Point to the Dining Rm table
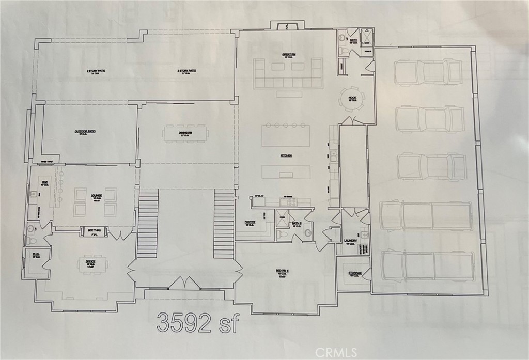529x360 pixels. point(185,134)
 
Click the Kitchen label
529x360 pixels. point(286,155)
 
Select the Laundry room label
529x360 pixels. point(351,241)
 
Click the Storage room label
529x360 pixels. point(355,273)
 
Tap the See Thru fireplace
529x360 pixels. point(94,232)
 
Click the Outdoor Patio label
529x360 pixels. point(85,132)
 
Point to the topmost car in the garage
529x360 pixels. point(428,72)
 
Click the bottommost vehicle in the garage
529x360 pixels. point(427,265)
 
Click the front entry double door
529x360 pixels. point(184,284)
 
